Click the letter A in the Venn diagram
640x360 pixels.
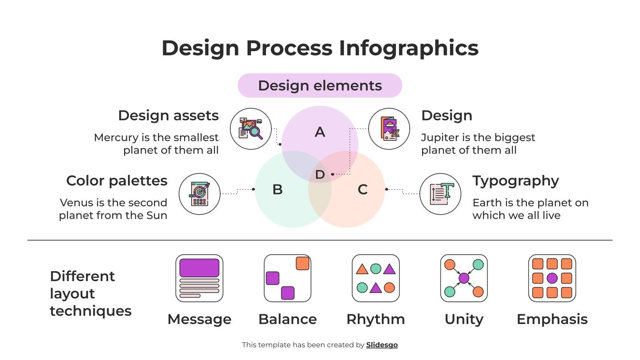click(320, 132)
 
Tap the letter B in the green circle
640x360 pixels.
click(277, 190)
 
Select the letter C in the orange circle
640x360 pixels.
click(362, 190)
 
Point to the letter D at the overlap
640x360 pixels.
click(320, 174)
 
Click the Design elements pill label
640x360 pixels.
click(320, 86)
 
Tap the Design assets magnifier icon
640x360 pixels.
click(251, 129)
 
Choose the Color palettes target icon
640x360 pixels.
click(199, 194)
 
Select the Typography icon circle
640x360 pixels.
click(440, 194)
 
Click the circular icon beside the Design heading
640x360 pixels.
click(389, 129)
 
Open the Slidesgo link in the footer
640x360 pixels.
click(382, 345)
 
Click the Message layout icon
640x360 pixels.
click(199, 278)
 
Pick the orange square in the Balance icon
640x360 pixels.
click(302, 264)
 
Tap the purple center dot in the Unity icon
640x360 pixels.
click(464, 278)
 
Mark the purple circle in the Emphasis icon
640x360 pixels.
click(552, 278)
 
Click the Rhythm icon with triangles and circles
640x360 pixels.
click(376, 278)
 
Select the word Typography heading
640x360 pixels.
click(515, 181)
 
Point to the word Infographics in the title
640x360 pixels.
click(408, 48)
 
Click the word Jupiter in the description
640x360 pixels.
click(440, 138)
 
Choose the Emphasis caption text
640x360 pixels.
click(552, 319)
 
